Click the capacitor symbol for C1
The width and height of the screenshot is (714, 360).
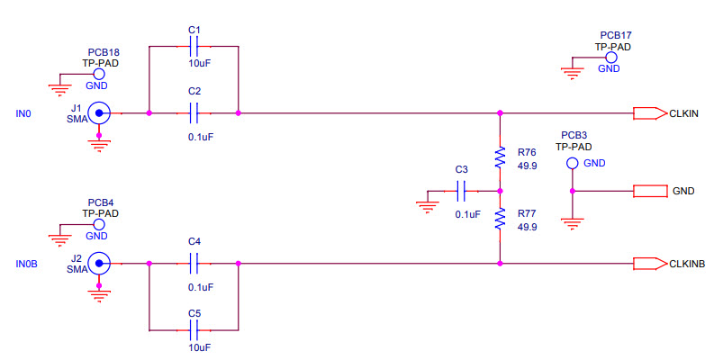[194, 46]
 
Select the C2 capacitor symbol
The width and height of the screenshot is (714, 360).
[194, 113]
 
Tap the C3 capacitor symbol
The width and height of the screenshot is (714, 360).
[462, 191]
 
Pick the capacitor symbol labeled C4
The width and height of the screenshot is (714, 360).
[194, 264]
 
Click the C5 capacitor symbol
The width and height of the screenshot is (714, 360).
[194, 330]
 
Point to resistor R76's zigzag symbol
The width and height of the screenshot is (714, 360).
[500, 158]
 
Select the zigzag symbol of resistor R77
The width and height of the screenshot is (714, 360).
[500, 220]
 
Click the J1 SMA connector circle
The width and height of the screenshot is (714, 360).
[98, 113]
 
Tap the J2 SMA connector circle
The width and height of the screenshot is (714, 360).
[98, 264]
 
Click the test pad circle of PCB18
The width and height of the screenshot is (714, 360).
[99, 75]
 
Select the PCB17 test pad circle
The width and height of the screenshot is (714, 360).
[610, 57]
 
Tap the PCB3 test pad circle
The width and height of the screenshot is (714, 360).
[572, 164]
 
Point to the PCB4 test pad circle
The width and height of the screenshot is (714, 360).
[99, 224]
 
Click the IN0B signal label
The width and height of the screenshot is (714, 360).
[27, 264]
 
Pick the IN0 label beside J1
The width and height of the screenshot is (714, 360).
[23, 113]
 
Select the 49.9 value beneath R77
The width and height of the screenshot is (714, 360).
[528, 227]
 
